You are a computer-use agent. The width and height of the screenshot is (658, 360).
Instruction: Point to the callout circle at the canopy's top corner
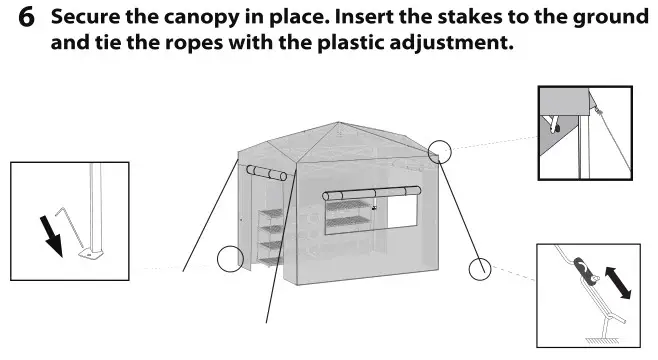click(x=439, y=152)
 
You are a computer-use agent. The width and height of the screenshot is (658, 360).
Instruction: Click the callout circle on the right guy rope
click(x=482, y=268)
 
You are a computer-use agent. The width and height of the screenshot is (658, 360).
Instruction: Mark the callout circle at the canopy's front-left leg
click(x=231, y=259)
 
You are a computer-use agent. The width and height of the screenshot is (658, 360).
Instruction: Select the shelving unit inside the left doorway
click(x=270, y=235)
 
